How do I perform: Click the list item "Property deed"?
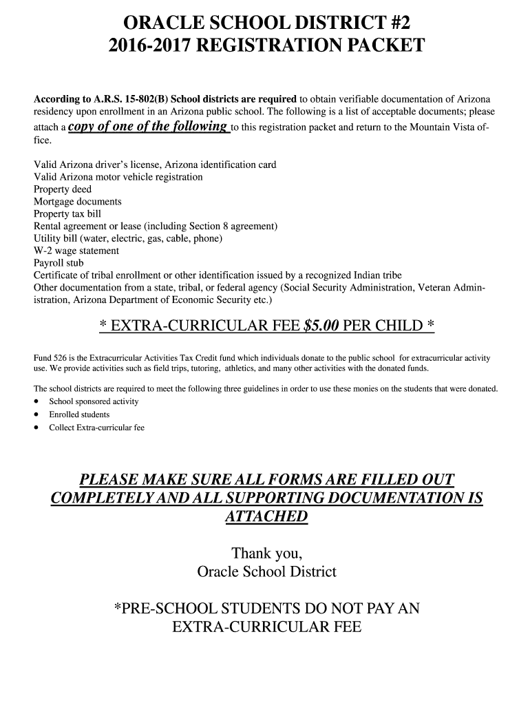point(63,189)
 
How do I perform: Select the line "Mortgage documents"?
point(78,202)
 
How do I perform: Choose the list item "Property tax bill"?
point(67,214)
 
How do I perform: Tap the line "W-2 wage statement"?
point(76,251)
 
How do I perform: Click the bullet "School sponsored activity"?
point(94,401)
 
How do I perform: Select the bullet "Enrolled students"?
point(79,414)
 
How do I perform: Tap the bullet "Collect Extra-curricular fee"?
point(96,428)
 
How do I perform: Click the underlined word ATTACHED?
point(266,516)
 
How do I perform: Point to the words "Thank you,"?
point(266,554)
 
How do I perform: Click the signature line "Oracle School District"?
point(266,572)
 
